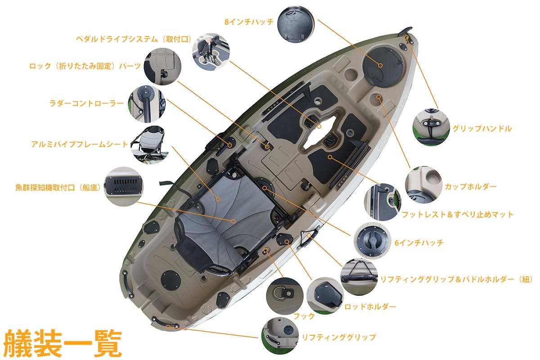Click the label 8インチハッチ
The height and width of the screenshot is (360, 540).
(249, 22)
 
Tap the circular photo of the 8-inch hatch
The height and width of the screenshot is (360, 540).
(296, 24)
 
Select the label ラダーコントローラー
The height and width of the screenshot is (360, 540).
(86, 103)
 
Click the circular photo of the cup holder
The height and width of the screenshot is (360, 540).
(424, 184)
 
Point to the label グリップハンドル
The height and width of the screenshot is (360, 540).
(482, 128)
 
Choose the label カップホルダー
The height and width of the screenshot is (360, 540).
(471, 187)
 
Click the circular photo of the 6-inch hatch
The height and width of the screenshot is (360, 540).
(373, 241)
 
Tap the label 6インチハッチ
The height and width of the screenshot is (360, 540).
(419, 243)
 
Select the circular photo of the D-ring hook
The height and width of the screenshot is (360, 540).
(285, 296)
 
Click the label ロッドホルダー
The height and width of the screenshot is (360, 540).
(370, 307)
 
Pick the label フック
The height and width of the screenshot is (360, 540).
(304, 316)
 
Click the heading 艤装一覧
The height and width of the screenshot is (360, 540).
(62, 343)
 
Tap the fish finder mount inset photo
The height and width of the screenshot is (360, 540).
(123, 187)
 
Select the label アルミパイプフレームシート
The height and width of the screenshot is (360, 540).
(79, 144)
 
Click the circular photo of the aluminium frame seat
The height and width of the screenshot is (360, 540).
(149, 145)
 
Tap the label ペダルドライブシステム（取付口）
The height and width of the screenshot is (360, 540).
(134, 39)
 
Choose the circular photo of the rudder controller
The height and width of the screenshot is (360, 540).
(147, 104)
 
